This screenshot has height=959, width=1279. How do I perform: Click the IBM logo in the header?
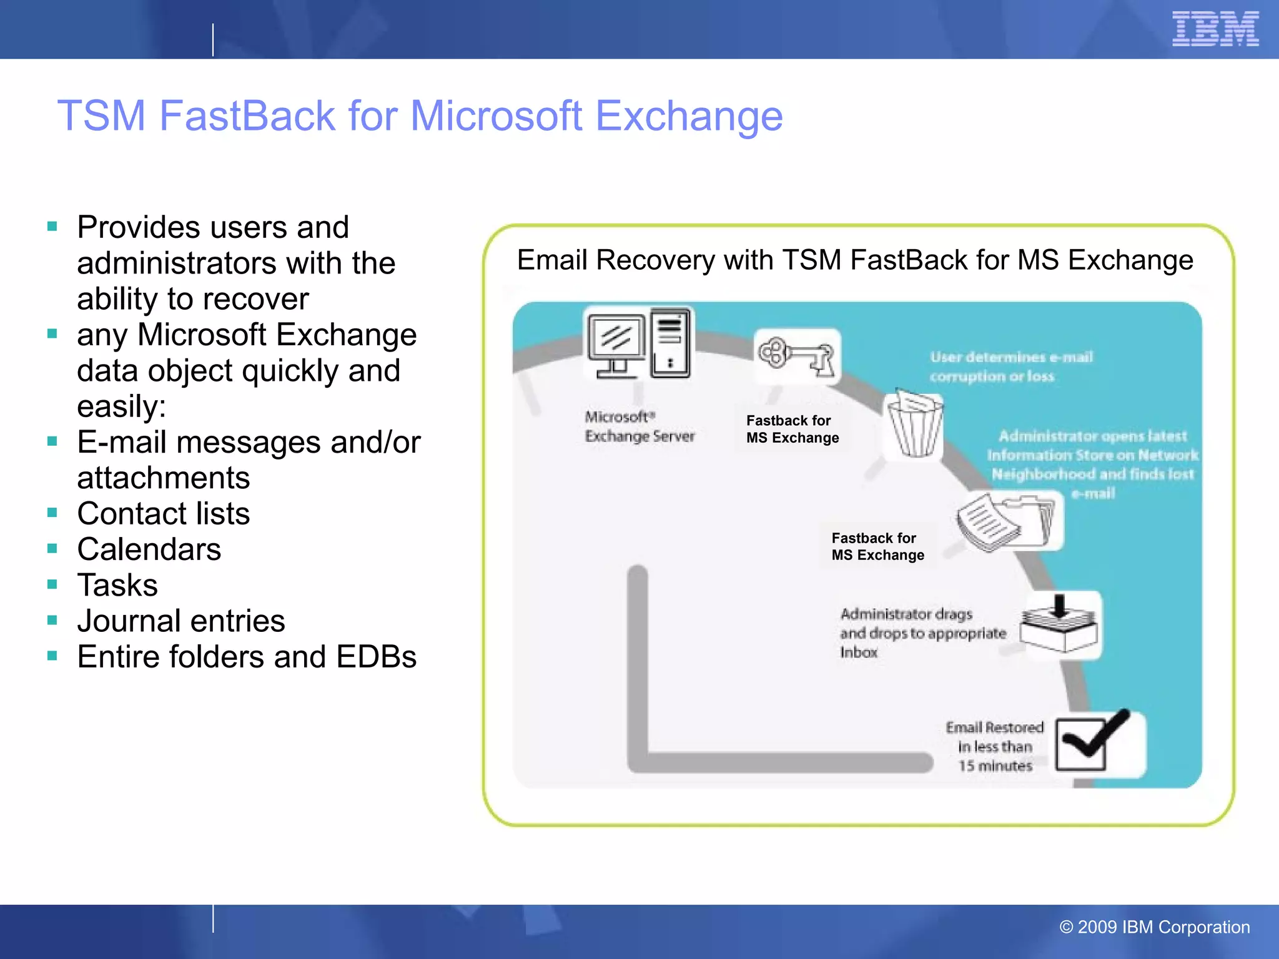point(1215,29)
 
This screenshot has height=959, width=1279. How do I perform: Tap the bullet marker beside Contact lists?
point(52,513)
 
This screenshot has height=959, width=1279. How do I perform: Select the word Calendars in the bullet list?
point(149,549)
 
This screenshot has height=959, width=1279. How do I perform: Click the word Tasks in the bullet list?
point(117,586)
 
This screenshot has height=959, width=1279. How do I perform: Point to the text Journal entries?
point(181,621)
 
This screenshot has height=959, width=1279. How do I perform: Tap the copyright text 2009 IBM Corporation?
point(1155,927)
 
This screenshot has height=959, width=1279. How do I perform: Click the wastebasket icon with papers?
point(915,425)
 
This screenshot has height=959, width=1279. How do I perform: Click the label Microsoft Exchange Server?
point(639,426)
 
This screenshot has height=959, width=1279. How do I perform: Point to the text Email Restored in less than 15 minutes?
point(995,747)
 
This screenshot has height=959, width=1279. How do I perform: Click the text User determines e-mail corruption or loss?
point(1010,366)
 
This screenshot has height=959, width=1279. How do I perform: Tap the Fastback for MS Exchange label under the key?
point(792,430)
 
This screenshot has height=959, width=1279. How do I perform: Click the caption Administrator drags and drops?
point(922,632)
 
